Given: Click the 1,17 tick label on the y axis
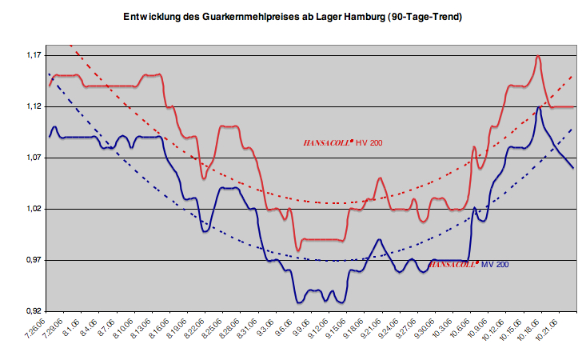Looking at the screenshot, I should (x=35, y=55).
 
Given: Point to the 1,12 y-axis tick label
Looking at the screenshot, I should (x=35, y=106).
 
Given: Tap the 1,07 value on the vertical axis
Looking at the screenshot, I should (x=35, y=158).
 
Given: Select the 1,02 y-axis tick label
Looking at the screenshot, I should (x=35, y=209).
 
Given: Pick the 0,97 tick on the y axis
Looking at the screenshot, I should (x=35, y=260).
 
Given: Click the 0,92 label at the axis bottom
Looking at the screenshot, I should (x=35, y=311).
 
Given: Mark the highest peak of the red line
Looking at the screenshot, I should (x=538, y=56).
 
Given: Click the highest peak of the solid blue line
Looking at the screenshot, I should (x=540, y=107).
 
